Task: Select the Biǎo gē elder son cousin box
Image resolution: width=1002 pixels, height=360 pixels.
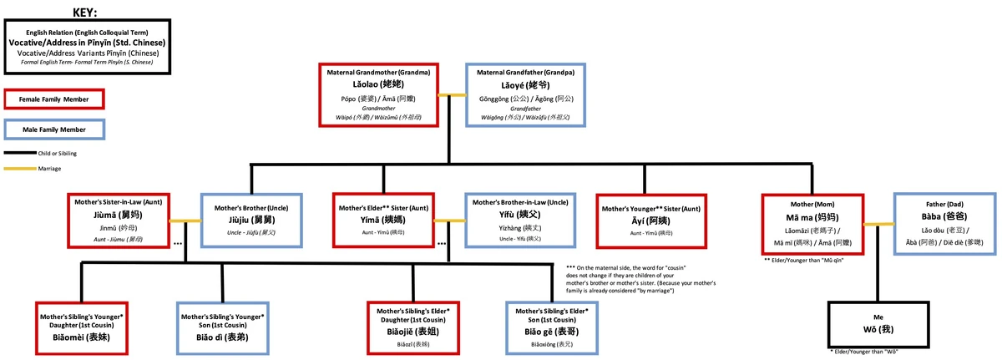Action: pos(554,326)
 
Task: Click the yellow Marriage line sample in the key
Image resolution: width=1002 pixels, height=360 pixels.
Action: pos(19,168)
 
